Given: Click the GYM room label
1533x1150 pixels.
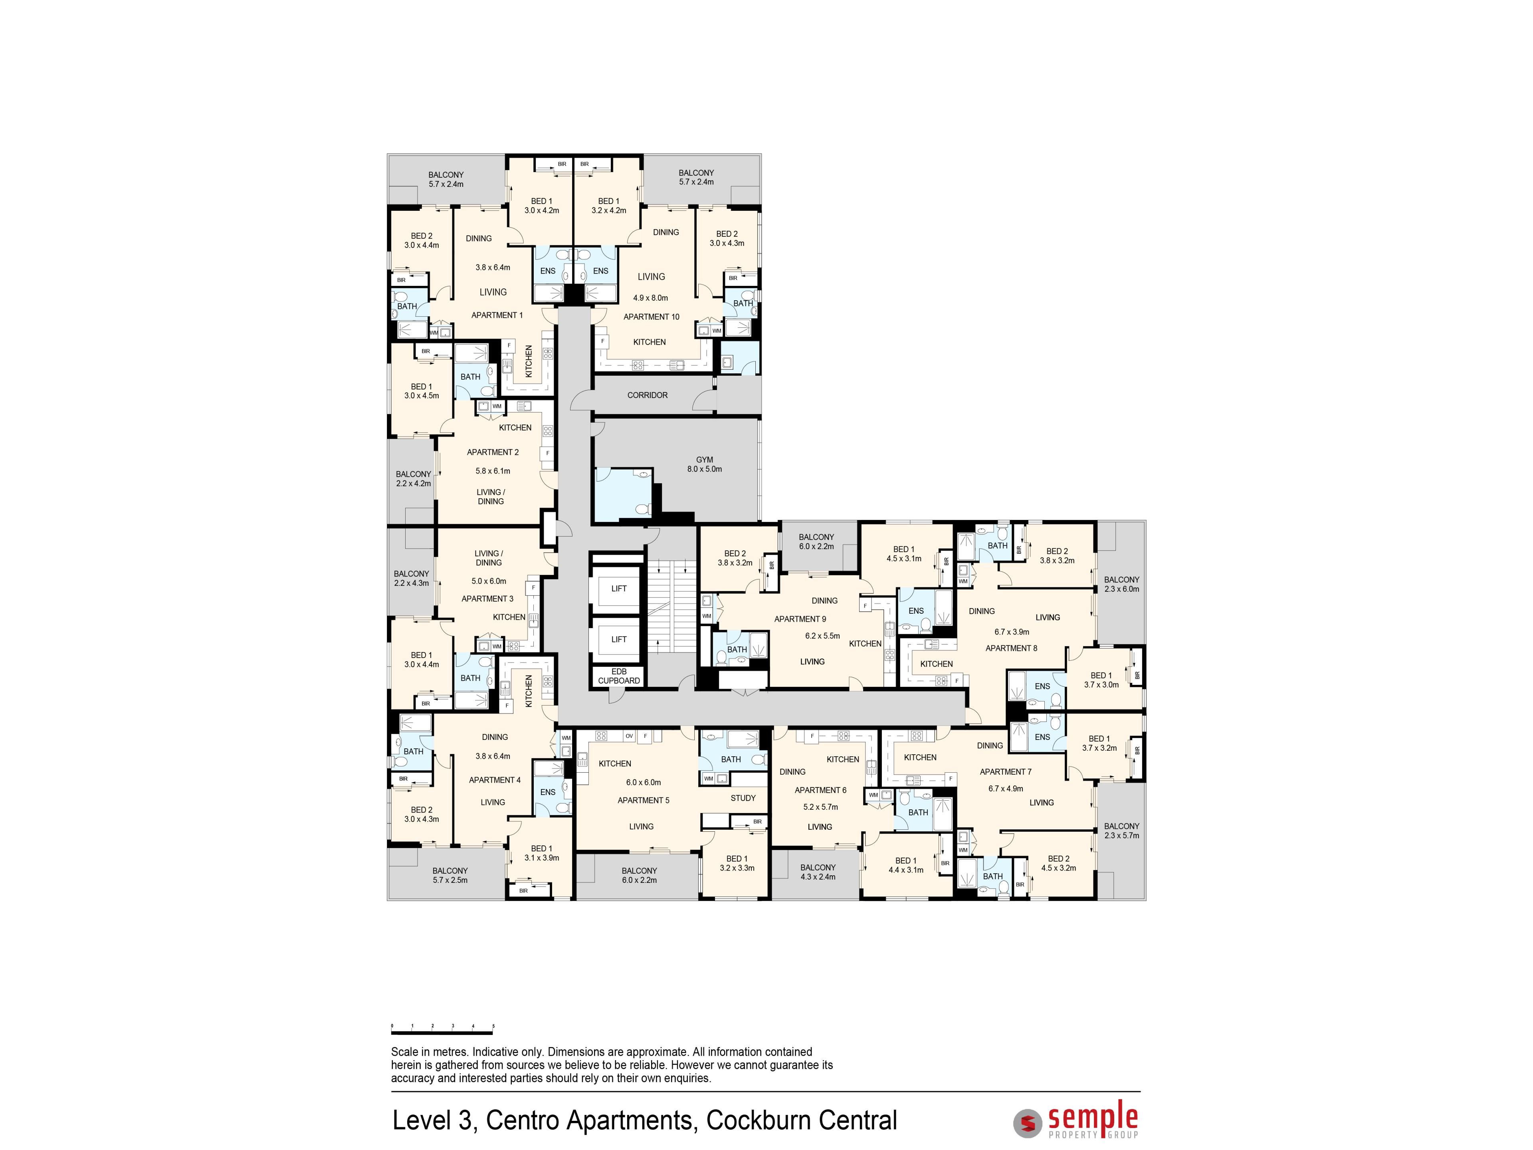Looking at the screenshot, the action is pos(704,460).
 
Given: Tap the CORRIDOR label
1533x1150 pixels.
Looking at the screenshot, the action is pos(647,395).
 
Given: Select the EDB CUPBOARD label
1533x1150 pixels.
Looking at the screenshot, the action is pos(619,676).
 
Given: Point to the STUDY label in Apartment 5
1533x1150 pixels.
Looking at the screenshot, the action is pos(743,798).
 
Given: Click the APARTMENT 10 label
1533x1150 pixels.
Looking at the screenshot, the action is pos(652,317).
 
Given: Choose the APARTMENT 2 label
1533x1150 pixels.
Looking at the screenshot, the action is pos(493,452).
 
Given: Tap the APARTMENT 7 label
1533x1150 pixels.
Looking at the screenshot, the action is pos(1006,771).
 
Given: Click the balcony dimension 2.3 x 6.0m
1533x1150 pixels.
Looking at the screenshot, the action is pos(1121,589).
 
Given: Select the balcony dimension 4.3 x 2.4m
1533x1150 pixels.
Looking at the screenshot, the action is pos(818,877).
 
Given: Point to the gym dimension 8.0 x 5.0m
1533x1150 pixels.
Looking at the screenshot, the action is pos(704,469).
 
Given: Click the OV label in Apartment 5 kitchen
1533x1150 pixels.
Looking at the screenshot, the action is pos(629,736).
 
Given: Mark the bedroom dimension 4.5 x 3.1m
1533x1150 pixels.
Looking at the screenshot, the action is pos(904,559).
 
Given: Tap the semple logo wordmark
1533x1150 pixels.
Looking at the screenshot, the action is pos(1093,1117).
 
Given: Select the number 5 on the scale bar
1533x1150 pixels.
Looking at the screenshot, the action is pos(493,1025).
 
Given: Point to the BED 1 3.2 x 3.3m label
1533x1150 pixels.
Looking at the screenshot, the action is pos(737,863).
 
